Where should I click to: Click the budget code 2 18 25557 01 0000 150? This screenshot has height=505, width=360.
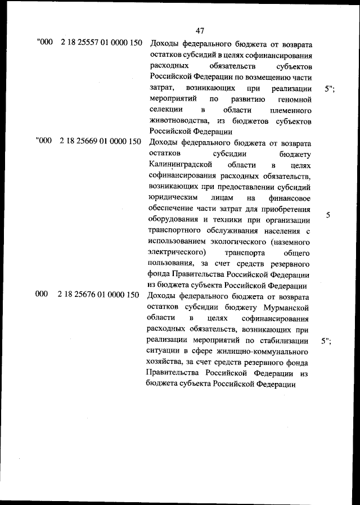pos(100,43)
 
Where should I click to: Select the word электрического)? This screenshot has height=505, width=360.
pos(177,252)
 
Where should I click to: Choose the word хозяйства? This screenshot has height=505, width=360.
pos(166,362)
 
